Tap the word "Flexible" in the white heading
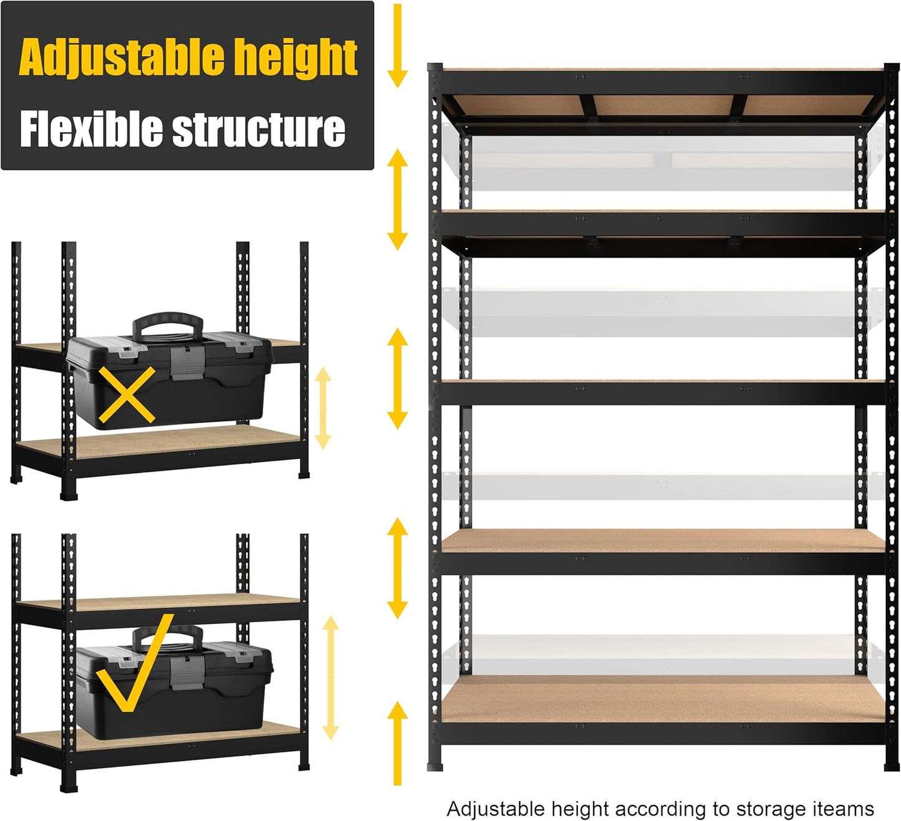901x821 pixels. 91,130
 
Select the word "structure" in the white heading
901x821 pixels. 258,130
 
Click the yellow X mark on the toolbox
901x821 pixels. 127,395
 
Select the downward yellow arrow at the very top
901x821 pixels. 397,47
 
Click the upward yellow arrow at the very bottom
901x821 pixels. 397,742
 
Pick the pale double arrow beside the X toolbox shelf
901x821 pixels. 322,408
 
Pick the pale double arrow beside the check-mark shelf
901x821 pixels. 330,678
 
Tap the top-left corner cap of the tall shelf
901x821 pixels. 435,67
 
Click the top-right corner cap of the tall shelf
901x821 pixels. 892,67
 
